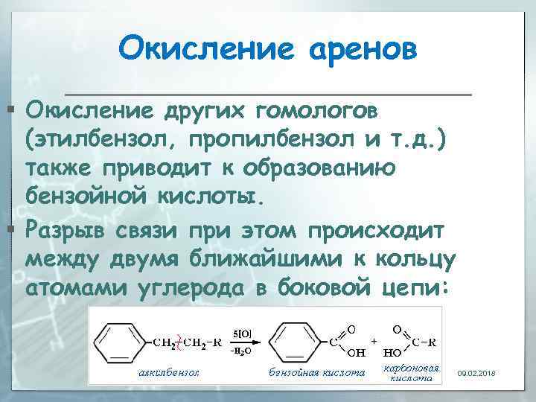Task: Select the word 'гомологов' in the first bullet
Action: tap(317, 110)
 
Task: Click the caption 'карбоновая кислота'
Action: tap(411, 373)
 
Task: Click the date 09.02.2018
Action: tap(477, 372)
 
